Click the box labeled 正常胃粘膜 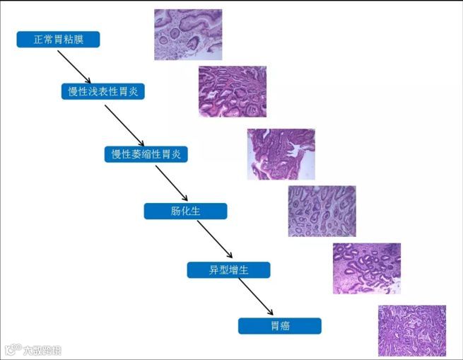pos(58,40)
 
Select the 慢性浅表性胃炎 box pos(102,92)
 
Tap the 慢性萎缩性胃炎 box pos(146,153)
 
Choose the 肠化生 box pos(185,211)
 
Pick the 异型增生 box pos(228,269)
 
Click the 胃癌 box pos(279,325)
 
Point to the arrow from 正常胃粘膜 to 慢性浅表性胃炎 pos(74,66)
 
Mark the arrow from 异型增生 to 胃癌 pos(255,296)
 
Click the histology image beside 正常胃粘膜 pos(188,34)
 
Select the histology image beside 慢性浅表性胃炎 pos(232,91)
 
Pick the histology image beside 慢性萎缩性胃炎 pos(281,154)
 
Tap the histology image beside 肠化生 pos(322,211)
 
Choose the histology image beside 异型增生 pos(367,268)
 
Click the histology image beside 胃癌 pos(411,330)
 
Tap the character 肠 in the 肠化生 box pos(176,211)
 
